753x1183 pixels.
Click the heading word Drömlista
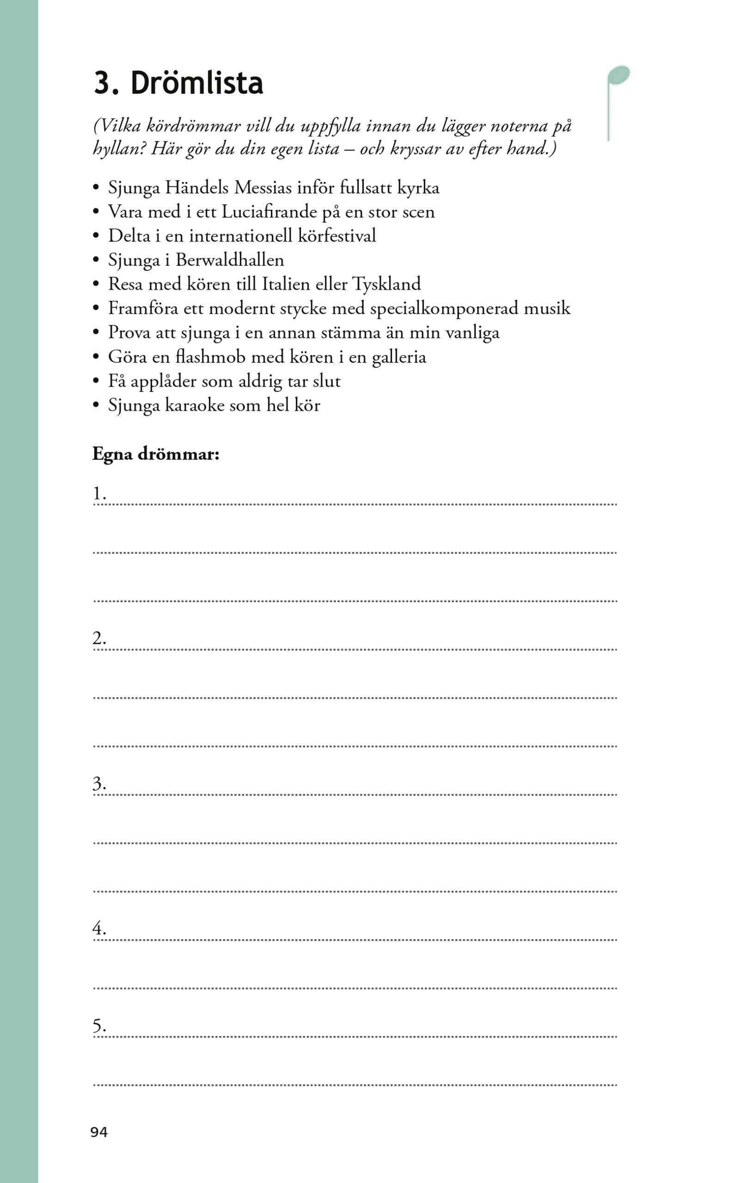[196, 83]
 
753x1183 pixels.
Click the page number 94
[99, 1132]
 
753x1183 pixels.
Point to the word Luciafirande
[269, 212]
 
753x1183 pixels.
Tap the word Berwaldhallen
[230, 260]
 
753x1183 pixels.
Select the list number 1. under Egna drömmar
[100, 493]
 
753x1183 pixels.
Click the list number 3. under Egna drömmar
[100, 783]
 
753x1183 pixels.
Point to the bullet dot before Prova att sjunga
[96, 333]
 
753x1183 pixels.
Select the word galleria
[398, 357]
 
